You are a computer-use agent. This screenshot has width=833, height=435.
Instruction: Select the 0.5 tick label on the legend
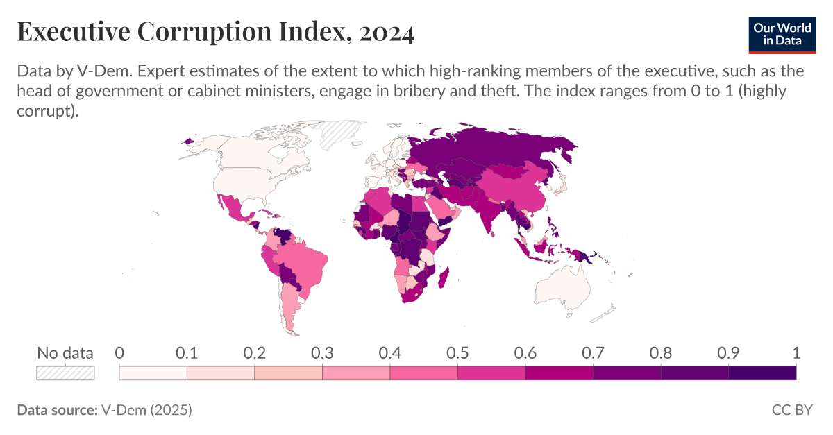(x=457, y=352)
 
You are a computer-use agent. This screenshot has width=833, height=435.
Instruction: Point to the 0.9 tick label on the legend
(x=728, y=352)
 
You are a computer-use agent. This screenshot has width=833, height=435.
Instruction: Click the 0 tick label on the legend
(x=119, y=352)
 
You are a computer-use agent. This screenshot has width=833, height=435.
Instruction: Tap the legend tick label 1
(x=796, y=352)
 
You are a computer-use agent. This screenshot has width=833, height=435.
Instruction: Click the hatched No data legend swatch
(x=65, y=373)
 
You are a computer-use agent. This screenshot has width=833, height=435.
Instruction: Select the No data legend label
(x=65, y=352)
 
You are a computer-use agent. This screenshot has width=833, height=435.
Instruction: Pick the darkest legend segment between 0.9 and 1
(x=762, y=373)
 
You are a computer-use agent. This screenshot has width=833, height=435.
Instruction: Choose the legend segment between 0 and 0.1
(x=153, y=373)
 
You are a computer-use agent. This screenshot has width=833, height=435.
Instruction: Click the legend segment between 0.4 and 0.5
(x=423, y=373)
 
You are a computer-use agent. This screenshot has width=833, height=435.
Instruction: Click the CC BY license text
(x=792, y=410)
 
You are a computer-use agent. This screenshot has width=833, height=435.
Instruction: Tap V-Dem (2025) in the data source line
(x=146, y=410)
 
